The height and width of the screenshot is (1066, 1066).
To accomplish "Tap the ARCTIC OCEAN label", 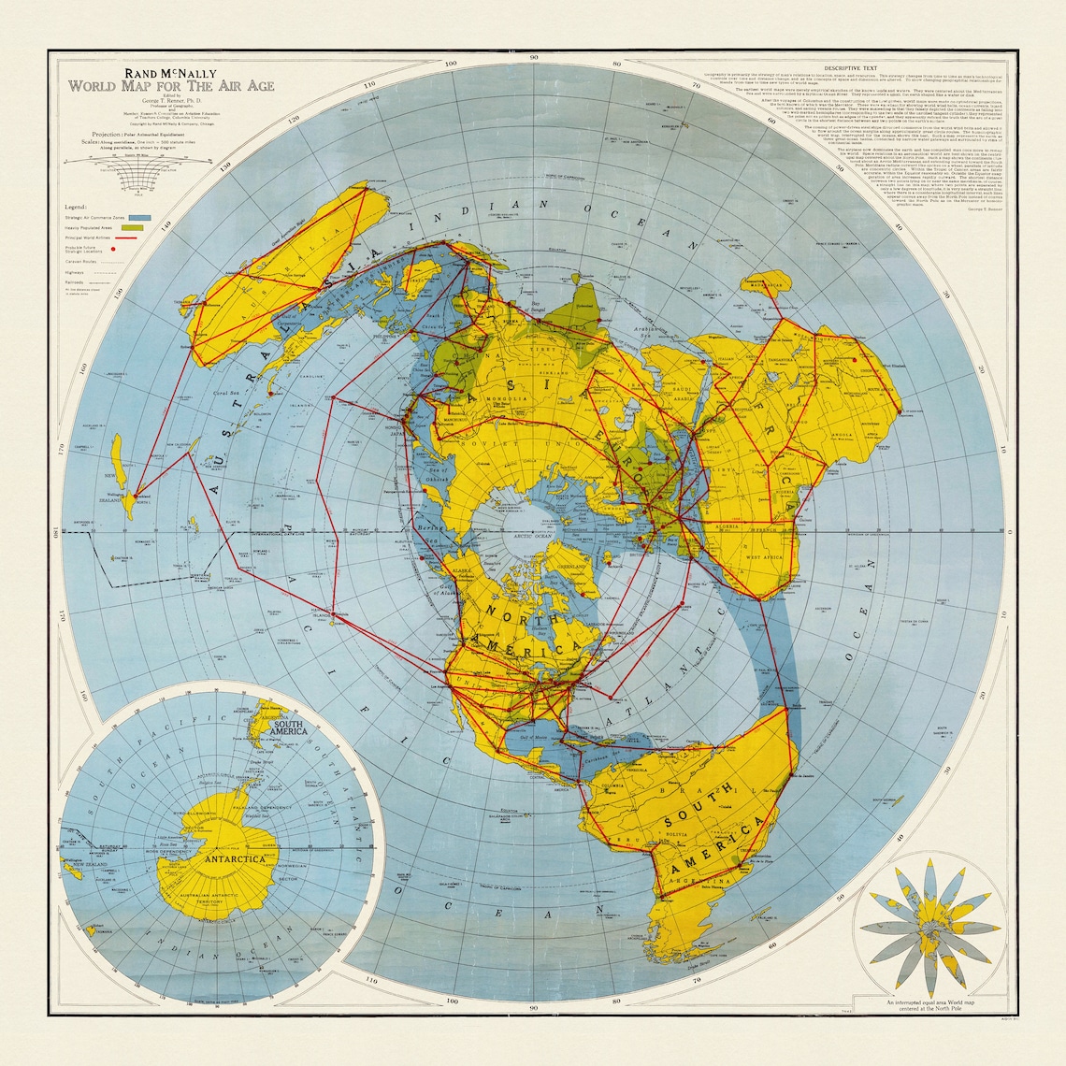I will (x=529, y=538).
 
